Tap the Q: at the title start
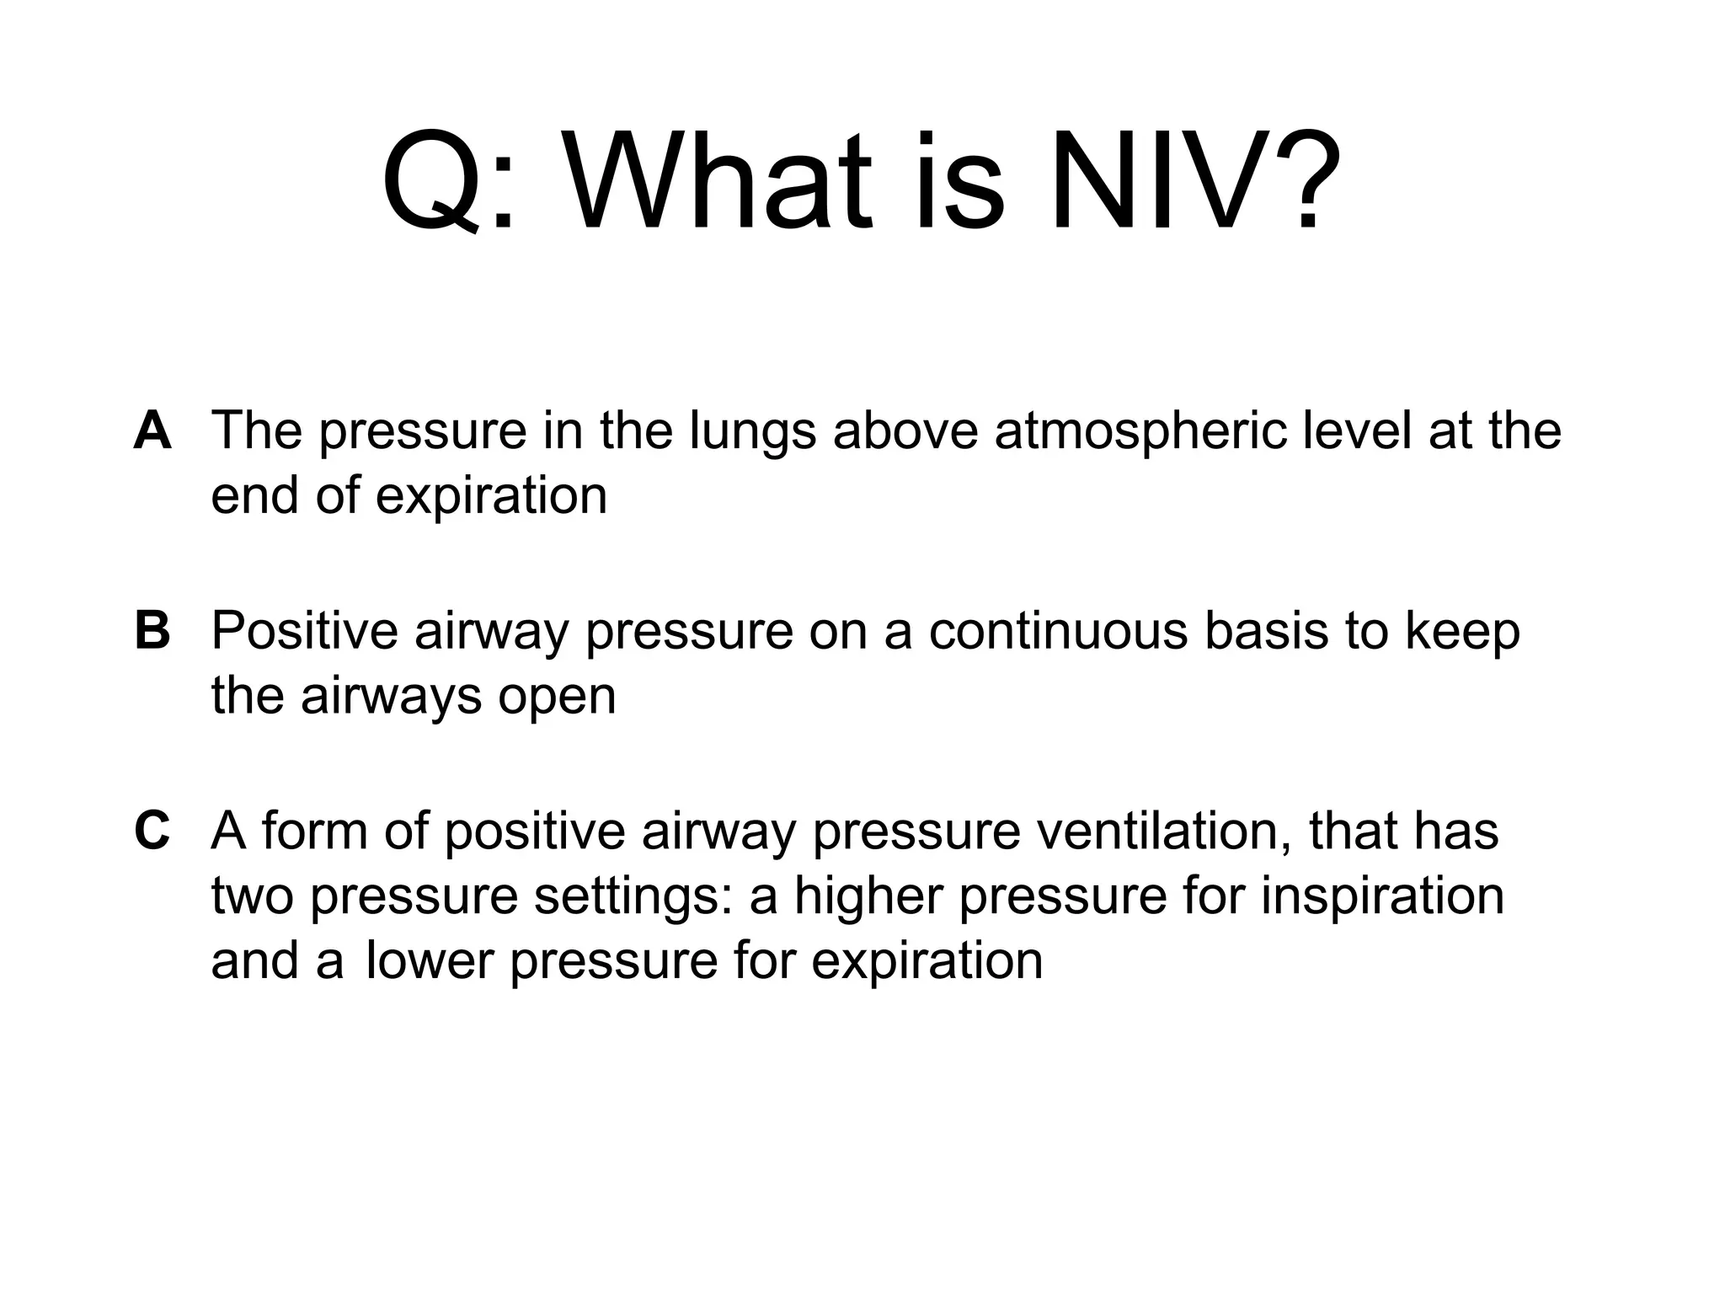click(446, 184)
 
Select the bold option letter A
click(152, 430)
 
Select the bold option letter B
click(152, 631)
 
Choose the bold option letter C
click(152, 831)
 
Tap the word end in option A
click(255, 495)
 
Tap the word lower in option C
click(430, 961)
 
